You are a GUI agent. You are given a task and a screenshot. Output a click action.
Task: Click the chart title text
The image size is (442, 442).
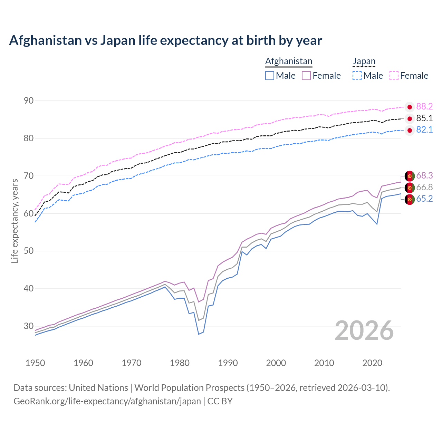(165, 40)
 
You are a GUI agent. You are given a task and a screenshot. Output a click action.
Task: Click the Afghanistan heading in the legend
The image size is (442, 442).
(289, 61)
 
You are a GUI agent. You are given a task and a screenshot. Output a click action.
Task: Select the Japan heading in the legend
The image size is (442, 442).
(364, 61)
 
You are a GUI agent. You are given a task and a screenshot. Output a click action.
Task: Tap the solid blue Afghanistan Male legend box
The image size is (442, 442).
(270, 76)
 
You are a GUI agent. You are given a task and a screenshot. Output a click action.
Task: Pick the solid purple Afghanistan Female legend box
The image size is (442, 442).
(306, 76)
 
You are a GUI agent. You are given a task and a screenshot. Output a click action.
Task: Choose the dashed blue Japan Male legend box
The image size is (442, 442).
(357, 76)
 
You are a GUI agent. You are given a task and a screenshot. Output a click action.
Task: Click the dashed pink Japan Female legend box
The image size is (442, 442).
(394, 76)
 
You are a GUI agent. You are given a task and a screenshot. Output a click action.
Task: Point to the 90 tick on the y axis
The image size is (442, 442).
(29, 101)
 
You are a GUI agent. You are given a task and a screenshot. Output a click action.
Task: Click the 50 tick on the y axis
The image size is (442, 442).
(29, 251)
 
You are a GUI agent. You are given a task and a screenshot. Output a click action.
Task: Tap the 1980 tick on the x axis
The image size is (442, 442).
(180, 363)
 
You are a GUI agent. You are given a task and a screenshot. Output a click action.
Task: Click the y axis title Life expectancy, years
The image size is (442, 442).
(15, 221)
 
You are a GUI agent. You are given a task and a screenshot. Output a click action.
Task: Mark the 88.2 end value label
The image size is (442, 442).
(424, 106)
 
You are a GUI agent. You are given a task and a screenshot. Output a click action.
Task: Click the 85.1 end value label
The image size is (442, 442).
(424, 118)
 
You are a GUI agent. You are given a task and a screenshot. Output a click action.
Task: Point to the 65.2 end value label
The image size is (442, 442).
(424, 199)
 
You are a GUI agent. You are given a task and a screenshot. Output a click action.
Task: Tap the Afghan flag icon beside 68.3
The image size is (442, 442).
(410, 176)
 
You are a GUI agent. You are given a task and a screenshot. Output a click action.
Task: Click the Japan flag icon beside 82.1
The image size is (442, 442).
(410, 130)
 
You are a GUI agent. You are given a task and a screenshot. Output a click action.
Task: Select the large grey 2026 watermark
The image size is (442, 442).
(364, 330)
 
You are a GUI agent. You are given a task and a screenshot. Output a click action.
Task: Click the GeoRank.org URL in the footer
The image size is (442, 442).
(107, 401)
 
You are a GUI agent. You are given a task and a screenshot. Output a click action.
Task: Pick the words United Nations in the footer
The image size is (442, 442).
(98, 387)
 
